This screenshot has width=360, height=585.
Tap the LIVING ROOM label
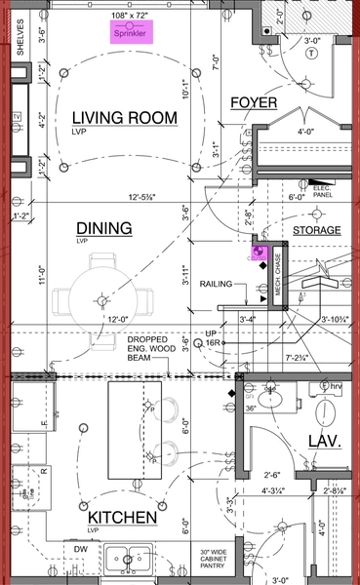pyautogui.click(x=125, y=119)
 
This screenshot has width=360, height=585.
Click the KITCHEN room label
pyautogui.click(x=124, y=517)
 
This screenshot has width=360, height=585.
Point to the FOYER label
pyautogui.click(x=254, y=103)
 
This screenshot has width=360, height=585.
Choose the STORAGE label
pyautogui.click(x=317, y=231)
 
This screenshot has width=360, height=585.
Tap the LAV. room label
pyautogui.click(x=324, y=442)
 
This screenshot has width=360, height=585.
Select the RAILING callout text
pyautogui.click(x=218, y=285)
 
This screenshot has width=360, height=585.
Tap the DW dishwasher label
pyautogui.click(x=83, y=549)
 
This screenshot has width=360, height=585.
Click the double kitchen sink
pyautogui.click(x=130, y=558)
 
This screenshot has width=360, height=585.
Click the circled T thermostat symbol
pyautogui.click(x=311, y=54)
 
